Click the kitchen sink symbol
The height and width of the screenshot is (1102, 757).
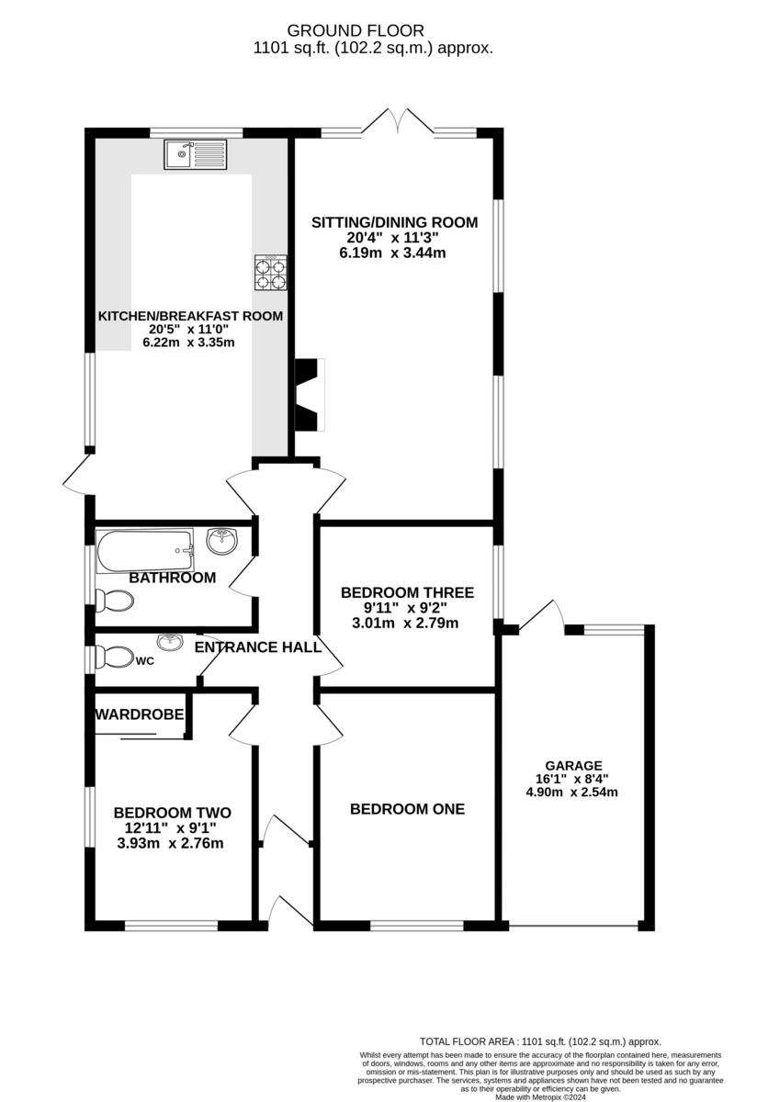[x=195, y=155]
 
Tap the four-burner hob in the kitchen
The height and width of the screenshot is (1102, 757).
[x=270, y=272]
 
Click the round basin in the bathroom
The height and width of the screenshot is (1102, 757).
[x=221, y=542]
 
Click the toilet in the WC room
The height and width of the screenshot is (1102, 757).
[x=115, y=658]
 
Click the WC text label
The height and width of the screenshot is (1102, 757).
[x=144, y=660]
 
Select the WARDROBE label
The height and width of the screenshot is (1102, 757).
[x=141, y=714]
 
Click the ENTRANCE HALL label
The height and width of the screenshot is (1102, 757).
[x=258, y=647]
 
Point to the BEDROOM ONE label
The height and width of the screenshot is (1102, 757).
[x=407, y=809]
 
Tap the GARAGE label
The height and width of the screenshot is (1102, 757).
[x=573, y=765]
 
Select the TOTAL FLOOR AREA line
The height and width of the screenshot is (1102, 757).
[x=540, y=1041]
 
